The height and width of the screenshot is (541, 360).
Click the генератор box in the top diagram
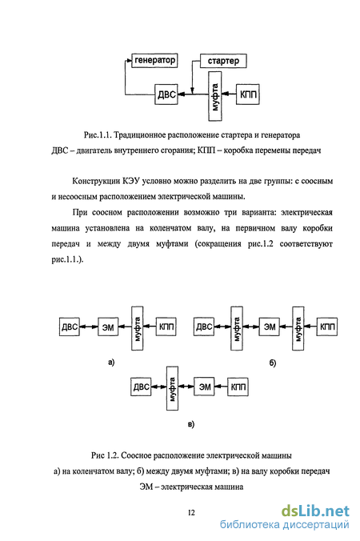(155, 60)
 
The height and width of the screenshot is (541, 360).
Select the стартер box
(223, 61)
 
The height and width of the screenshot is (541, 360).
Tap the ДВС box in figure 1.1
(166, 94)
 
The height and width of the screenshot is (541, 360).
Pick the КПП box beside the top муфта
(247, 94)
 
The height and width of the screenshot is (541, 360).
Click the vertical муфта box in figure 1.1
(215, 96)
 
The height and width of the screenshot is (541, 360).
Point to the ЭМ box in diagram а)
(108, 327)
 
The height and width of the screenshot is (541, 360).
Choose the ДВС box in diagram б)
(204, 327)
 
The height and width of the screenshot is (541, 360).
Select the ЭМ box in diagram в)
(205, 387)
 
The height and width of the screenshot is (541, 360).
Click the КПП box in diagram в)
(238, 387)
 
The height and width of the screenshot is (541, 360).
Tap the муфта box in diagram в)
(173, 388)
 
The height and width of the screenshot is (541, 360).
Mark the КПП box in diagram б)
(327, 327)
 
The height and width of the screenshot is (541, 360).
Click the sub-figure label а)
(111, 362)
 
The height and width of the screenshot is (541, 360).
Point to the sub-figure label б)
(273, 363)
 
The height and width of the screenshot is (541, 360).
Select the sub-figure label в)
(191, 423)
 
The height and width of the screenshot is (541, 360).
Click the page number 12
(191, 513)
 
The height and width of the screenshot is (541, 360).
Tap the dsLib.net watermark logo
(315, 511)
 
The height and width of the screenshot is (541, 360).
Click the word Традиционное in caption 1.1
(140, 135)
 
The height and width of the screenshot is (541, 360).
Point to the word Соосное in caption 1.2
(136, 455)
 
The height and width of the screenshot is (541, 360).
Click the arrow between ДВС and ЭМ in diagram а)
(89, 327)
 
